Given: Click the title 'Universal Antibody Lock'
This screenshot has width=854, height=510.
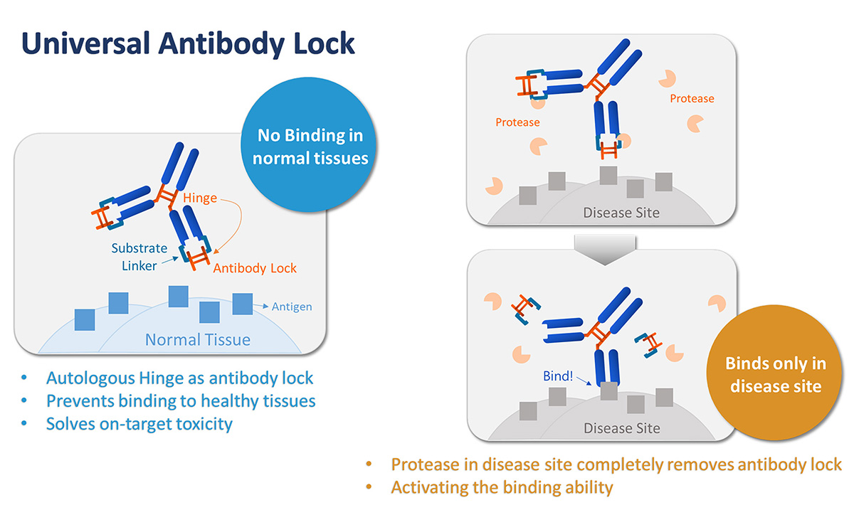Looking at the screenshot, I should tap(188, 44).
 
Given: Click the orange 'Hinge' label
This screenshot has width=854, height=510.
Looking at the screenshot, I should tap(199, 198).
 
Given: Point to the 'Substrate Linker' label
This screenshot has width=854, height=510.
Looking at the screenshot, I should tap(139, 256).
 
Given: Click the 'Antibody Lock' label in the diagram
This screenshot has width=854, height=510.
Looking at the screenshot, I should tap(254, 268).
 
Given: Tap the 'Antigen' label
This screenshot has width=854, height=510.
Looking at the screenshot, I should tap(292, 307).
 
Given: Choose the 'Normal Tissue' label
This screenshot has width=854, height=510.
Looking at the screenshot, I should tap(197, 339).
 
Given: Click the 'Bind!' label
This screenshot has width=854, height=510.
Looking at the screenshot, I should tap(557, 376).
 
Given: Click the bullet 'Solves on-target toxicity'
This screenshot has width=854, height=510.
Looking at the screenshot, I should tap(139, 425).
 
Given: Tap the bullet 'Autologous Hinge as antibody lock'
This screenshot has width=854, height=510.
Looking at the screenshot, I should tap(179, 378).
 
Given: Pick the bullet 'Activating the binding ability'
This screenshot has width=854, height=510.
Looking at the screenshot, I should tap(502, 488).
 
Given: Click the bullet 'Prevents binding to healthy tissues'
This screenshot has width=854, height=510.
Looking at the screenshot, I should tap(181, 401).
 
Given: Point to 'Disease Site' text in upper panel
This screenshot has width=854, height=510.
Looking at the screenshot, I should tap(621, 212).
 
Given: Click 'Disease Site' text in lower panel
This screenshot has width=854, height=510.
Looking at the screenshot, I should tap(621, 428).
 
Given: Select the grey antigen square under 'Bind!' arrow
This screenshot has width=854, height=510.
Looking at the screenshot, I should tap(609, 391).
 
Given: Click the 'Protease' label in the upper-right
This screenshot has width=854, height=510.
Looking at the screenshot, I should tap(692, 99).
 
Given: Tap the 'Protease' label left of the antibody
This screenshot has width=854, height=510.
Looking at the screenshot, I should tap(517, 122).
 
